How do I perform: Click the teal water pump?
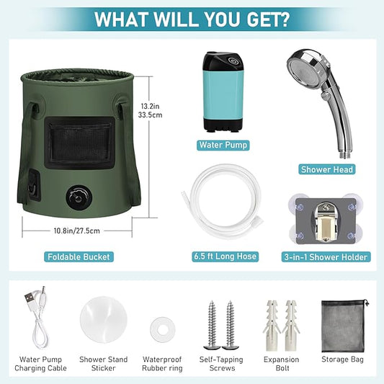pos(223,91)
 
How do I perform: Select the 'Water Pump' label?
pos(223,145)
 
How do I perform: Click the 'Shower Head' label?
pos(326,169)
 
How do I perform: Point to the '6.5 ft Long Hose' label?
pos(225,256)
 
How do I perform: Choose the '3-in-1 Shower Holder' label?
pos(326,257)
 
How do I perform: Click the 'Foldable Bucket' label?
pos(79,257)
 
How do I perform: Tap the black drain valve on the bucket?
pos(78,197)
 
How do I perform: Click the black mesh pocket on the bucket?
pos(79,142)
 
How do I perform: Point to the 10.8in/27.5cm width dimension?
pos(77,231)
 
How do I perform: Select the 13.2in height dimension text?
pos(150,107)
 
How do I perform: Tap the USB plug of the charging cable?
pos(29,298)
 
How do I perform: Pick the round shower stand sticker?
pos(103,320)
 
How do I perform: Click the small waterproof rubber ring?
pos(163,329)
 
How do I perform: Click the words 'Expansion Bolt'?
pos(282,364)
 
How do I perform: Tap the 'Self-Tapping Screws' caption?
pos(221,364)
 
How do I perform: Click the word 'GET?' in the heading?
pos(268,19)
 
